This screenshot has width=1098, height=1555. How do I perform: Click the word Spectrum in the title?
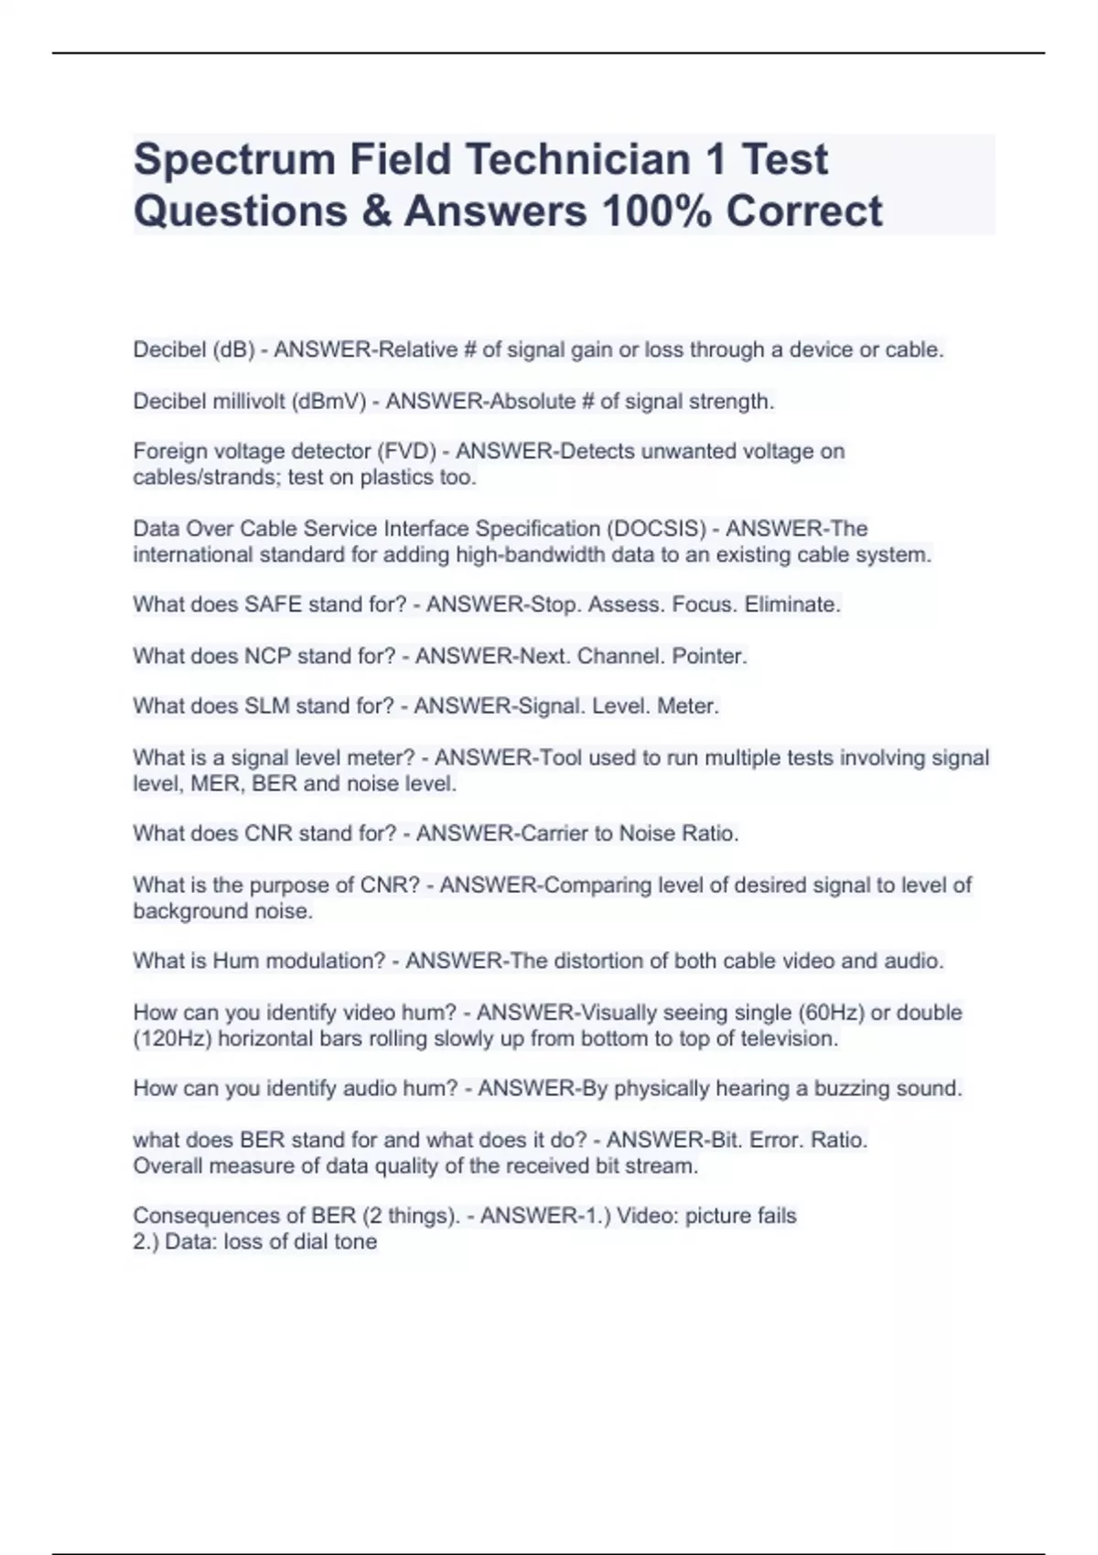tap(233, 160)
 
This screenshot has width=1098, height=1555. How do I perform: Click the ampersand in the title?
tap(374, 211)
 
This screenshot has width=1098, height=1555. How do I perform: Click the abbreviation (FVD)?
tap(405, 452)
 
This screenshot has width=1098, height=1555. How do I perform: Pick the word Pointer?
tap(709, 657)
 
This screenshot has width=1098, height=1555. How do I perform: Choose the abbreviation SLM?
tap(267, 707)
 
